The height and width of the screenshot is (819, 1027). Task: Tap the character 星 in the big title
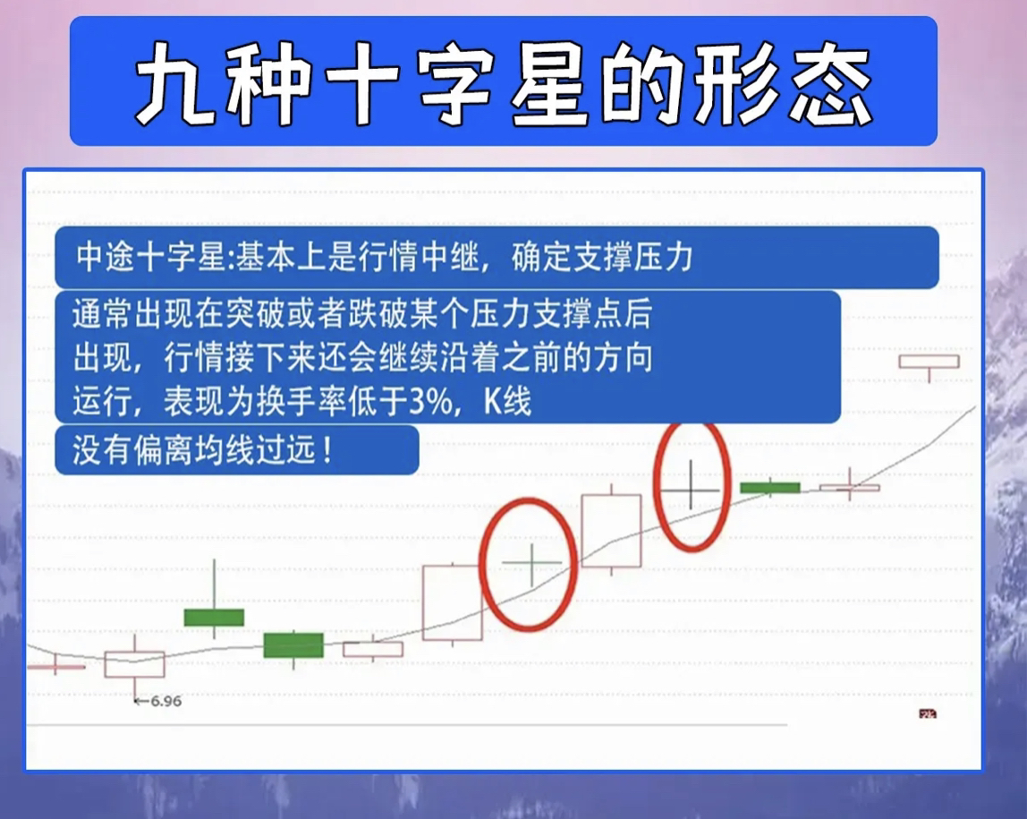[549, 82]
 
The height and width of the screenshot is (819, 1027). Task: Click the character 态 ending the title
[830, 82]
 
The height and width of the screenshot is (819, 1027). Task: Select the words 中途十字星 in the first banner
[151, 256]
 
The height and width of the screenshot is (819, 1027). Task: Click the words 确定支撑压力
[601, 256]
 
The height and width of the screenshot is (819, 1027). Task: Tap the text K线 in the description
[507, 401]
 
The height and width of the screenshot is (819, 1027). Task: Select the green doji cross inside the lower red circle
[531, 563]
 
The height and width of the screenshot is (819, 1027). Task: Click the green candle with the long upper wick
[214, 618]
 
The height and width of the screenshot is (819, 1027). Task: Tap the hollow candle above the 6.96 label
[134, 664]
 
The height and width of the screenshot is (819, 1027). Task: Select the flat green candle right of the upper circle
[770, 488]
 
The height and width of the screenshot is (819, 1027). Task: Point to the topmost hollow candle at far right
[929, 362]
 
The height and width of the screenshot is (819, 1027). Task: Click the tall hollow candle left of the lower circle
[453, 602]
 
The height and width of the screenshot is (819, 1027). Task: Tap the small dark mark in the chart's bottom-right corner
[928, 713]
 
